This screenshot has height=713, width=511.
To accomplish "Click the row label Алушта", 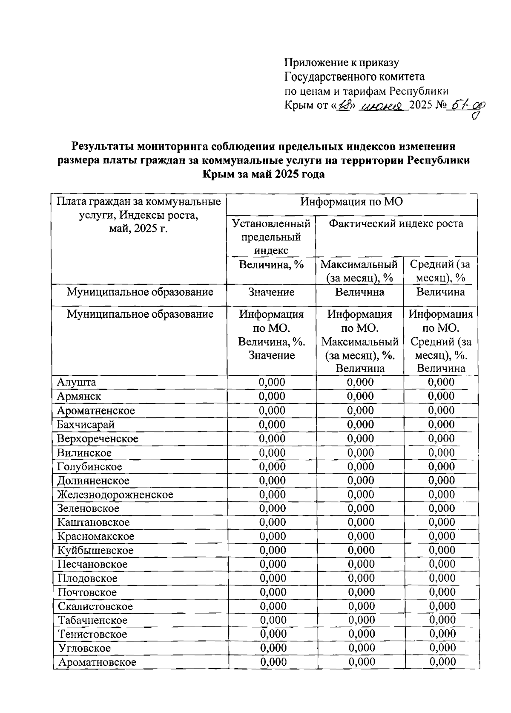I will coord(77,382).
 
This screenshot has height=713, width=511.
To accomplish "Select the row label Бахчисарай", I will coord(86,424).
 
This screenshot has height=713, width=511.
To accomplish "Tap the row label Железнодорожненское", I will coord(115,495).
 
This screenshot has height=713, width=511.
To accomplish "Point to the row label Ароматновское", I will coord(98,662).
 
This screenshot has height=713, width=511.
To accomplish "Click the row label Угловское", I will coord(84,648).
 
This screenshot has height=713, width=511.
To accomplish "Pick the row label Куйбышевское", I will coord(96,551).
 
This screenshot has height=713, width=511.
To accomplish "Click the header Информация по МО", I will coord(351,202).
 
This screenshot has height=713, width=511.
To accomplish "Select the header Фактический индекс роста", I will coord(396,223).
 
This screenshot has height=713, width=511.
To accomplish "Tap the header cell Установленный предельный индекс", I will coord(271,237).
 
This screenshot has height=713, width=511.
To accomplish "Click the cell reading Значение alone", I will coord(271,292).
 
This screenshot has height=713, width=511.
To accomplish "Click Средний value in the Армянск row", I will coord(441,396).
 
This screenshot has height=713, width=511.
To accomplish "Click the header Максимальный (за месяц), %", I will coord(359,271).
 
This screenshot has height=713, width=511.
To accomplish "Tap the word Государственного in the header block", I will coord(332,77).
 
